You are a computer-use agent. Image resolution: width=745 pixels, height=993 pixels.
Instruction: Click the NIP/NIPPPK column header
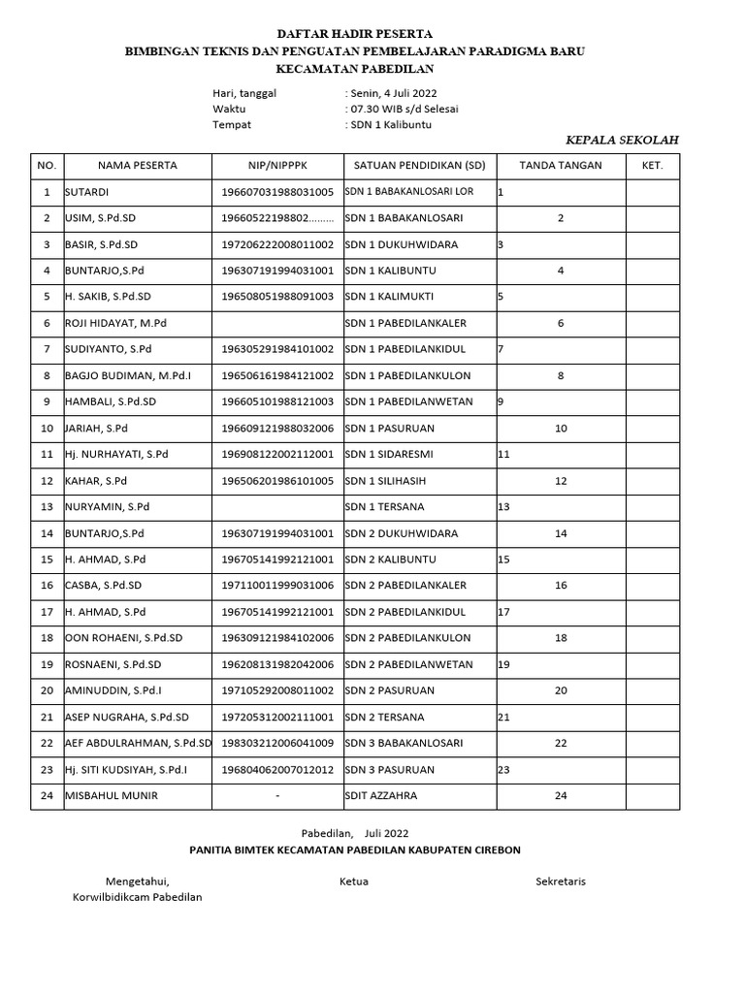coord(277,166)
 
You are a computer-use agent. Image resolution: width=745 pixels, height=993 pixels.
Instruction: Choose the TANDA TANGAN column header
coord(561,166)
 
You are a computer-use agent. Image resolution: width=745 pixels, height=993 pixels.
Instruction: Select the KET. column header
coord(652,166)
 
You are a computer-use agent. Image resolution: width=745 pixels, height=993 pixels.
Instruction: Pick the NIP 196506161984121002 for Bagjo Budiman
coord(277,376)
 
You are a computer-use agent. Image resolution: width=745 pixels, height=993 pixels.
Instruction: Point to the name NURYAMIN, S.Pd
coord(108,507)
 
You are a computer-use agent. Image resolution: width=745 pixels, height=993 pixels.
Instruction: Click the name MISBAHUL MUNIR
coord(112,796)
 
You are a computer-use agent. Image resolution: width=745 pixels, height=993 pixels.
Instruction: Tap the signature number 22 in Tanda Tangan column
coord(560,744)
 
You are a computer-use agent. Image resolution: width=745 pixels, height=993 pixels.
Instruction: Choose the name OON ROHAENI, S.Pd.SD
coord(123,638)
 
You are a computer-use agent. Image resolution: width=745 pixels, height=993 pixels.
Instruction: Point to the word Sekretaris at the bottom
coord(561,881)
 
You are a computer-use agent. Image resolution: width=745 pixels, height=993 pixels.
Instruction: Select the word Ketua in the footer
coord(354,881)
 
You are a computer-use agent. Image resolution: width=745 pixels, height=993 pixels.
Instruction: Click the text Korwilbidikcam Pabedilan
coord(138,898)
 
